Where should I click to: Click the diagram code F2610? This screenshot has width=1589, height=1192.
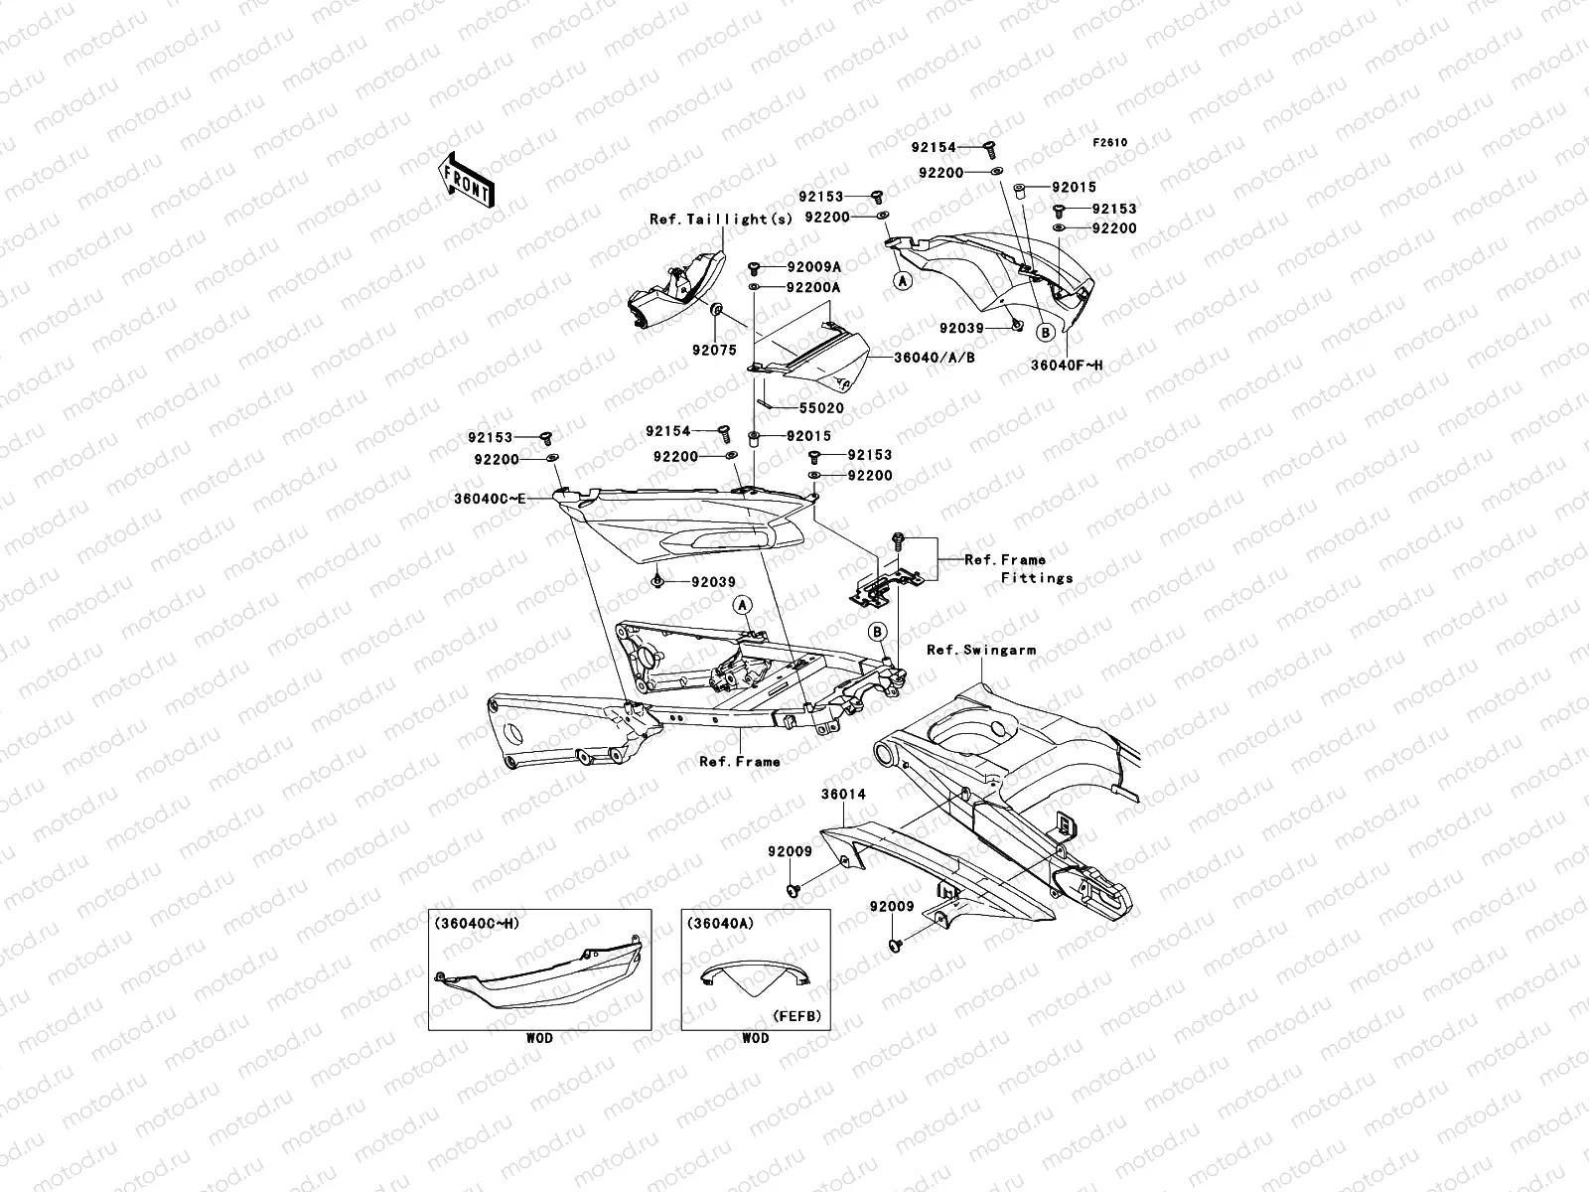pos(1110,142)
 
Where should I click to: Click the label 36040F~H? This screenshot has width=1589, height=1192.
pos(1066,366)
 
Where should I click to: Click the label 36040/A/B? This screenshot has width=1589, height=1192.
pos(934,357)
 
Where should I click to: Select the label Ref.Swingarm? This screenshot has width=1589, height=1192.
pos(980,651)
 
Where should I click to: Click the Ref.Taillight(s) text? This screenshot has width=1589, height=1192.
pos(721,219)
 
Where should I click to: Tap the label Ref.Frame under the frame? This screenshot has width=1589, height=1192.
pos(739,762)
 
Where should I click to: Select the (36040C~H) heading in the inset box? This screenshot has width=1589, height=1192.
pos(476,923)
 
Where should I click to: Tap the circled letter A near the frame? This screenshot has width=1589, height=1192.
pos(742,604)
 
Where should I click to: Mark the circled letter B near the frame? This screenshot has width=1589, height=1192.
pos(877,631)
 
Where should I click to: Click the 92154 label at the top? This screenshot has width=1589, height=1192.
pos(934,148)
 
